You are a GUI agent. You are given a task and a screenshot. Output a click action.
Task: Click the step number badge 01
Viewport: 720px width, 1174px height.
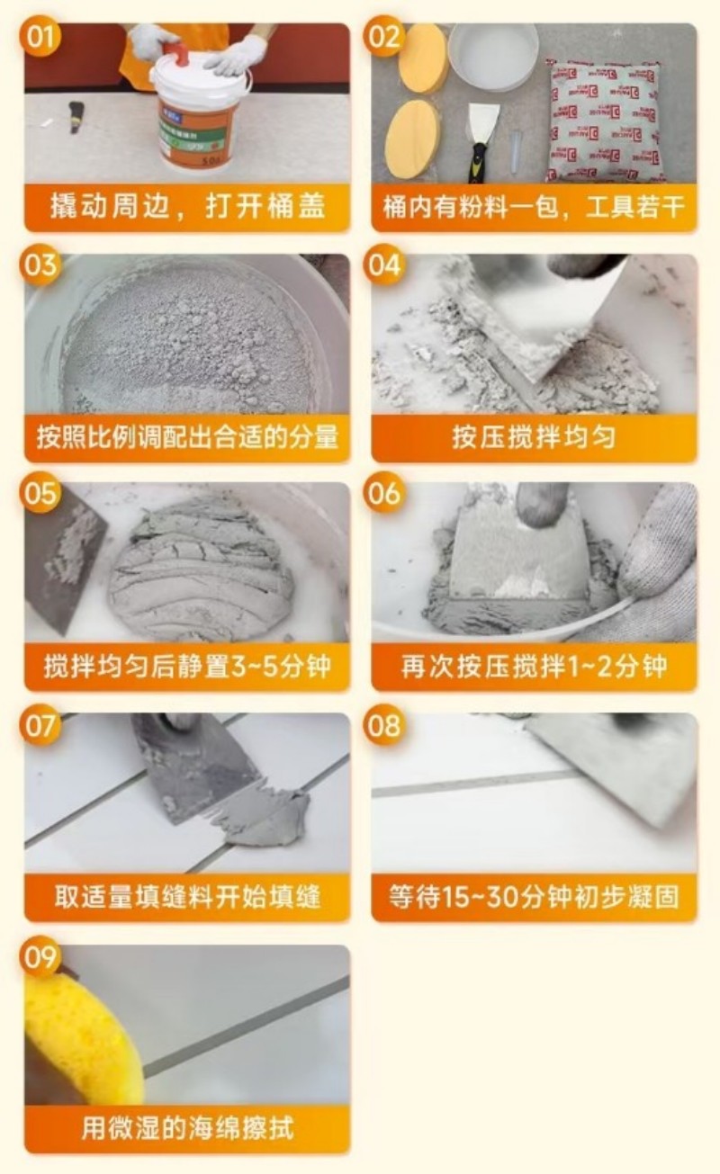tap(41, 38)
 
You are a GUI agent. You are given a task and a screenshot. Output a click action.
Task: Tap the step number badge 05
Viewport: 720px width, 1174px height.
tap(41, 495)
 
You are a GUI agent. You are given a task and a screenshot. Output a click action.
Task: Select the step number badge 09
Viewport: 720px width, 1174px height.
tap(41, 957)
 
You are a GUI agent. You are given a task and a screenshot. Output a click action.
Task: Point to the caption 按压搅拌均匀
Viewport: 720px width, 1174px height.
tap(534, 438)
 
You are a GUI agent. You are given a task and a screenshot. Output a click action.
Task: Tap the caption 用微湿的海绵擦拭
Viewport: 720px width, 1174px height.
tap(187, 1128)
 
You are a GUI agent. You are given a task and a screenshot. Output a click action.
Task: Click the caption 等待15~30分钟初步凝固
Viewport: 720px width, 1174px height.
tap(534, 897)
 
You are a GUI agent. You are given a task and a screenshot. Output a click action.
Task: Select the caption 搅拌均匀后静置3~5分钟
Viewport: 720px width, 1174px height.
tap(187, 667)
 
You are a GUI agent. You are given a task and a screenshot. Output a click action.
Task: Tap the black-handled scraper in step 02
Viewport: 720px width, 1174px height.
tap(481, 139)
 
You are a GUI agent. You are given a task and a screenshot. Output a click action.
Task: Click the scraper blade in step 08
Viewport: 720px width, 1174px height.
tap(612, 765)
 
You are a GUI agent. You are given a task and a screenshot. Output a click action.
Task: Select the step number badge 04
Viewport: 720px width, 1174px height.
tap(384, 266)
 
